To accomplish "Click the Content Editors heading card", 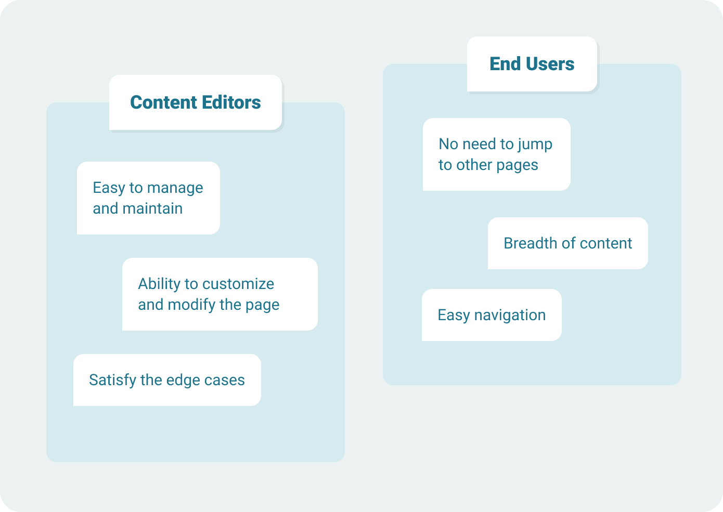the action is tap(196, 102).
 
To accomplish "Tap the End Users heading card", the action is tap(532, 64).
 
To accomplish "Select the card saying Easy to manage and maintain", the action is tap(148, 198).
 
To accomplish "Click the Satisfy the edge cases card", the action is tap(167, 380).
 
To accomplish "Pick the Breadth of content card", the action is tap(568, 243).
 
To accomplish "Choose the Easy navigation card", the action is tap(492, 315).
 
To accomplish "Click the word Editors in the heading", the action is tap(231, 102).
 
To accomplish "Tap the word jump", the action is tap(535, 145).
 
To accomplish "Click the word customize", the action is tap(238, 284).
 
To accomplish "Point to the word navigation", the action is tap(510, 315).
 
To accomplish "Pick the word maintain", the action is tap(153, 208).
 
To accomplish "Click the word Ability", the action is tap(159, 284).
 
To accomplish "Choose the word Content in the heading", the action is tap(164, 102).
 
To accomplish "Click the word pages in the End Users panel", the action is tap(517, 166).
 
